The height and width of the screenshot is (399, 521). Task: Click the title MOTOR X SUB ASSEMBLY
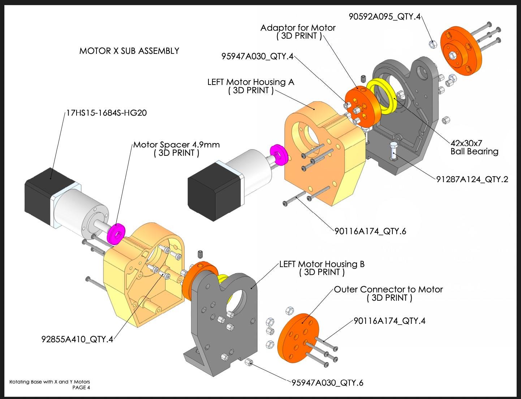[129, 51]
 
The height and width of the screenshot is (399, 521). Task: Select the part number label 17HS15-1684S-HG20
[106, 113]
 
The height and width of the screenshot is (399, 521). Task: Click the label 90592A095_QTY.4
[384, 17]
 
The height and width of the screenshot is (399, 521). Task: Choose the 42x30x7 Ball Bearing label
[474, 147]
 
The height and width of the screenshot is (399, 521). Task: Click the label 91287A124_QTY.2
[472, 179]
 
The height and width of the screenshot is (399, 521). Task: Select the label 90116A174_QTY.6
[370, 231]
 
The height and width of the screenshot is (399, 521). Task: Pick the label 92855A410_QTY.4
[77, 339]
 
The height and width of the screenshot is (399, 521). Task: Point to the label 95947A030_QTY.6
[327, 383]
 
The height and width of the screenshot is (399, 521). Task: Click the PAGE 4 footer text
[81, 388]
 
